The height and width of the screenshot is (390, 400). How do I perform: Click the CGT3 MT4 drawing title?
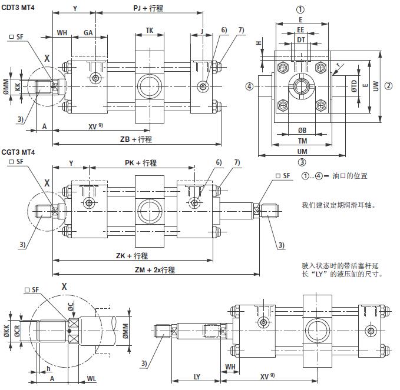pyautogui.click(x=18, y=152)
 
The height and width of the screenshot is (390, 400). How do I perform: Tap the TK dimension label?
pyautogui.click(x=150, y=30)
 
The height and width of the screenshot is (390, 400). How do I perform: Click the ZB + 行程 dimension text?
pyautogui.click(x=136, y=139)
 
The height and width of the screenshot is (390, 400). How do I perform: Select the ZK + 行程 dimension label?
pyautogui.click(x=132, y=256)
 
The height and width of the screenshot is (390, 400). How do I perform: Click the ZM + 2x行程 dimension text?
pyautogui.click(x=155, y=270)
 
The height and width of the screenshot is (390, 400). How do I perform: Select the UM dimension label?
pyautogui.click(x=302, y=151)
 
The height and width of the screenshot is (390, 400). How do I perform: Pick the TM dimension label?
pyautogui.click(x=302, y=141)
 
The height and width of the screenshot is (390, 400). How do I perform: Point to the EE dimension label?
pyautogui.click(x=300, y=29)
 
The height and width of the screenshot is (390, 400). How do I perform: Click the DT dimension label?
pyautogui.click(x=300, y=39)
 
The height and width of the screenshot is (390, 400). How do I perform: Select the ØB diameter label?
pyautogui.click(x=302, y=130)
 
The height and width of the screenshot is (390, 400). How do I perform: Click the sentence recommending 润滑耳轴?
pyautogui.click(x=338, y=205)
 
